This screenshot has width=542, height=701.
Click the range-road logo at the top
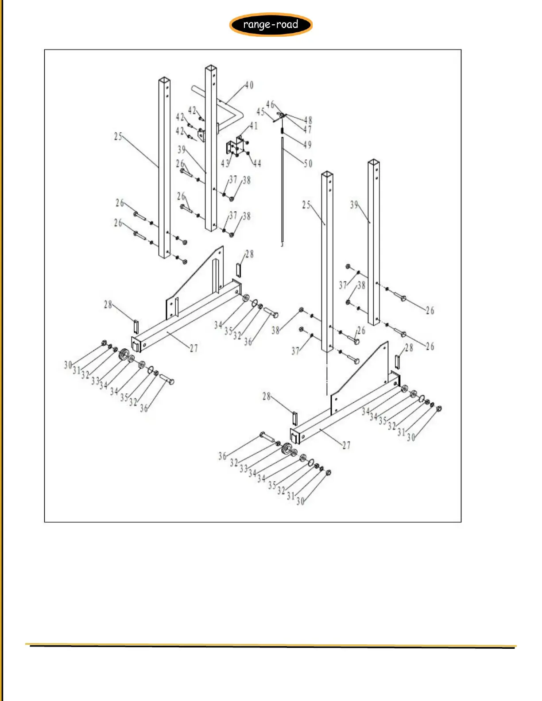(x=271, y=24)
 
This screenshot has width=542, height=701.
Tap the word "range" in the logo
(x=256, y=25)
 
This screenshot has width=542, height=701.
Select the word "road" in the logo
(x=287, y=24)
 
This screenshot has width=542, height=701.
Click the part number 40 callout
(x=249, y=85)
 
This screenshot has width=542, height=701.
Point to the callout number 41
(x=253, y=126)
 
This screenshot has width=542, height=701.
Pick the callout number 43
(x=225, y=164)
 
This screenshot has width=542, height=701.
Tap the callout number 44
(x=257, y=164)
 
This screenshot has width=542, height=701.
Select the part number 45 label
(x=260, y=112)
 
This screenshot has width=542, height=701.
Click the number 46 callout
(x=270, y=104)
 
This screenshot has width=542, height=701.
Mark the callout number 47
(x=307, y=130)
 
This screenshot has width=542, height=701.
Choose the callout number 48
(x=308, y=120)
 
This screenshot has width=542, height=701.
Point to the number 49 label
(x=307, y=145)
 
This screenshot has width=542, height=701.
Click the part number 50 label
(x=308, y=164)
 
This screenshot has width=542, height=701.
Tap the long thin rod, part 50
(x=282, y=190)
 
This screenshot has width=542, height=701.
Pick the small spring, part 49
(x=282, y=130)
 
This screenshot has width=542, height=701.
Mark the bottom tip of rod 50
(x=282, y=244)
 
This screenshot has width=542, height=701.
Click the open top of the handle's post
(x=211, y=68)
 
